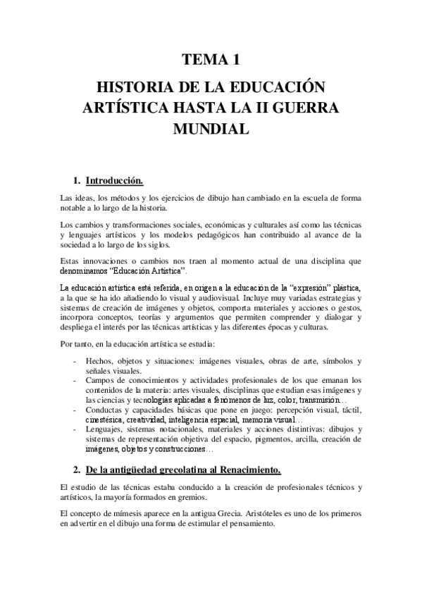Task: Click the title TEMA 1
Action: [211, 61]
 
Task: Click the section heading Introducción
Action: [114, 181]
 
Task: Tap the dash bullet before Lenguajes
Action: [76, 429]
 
